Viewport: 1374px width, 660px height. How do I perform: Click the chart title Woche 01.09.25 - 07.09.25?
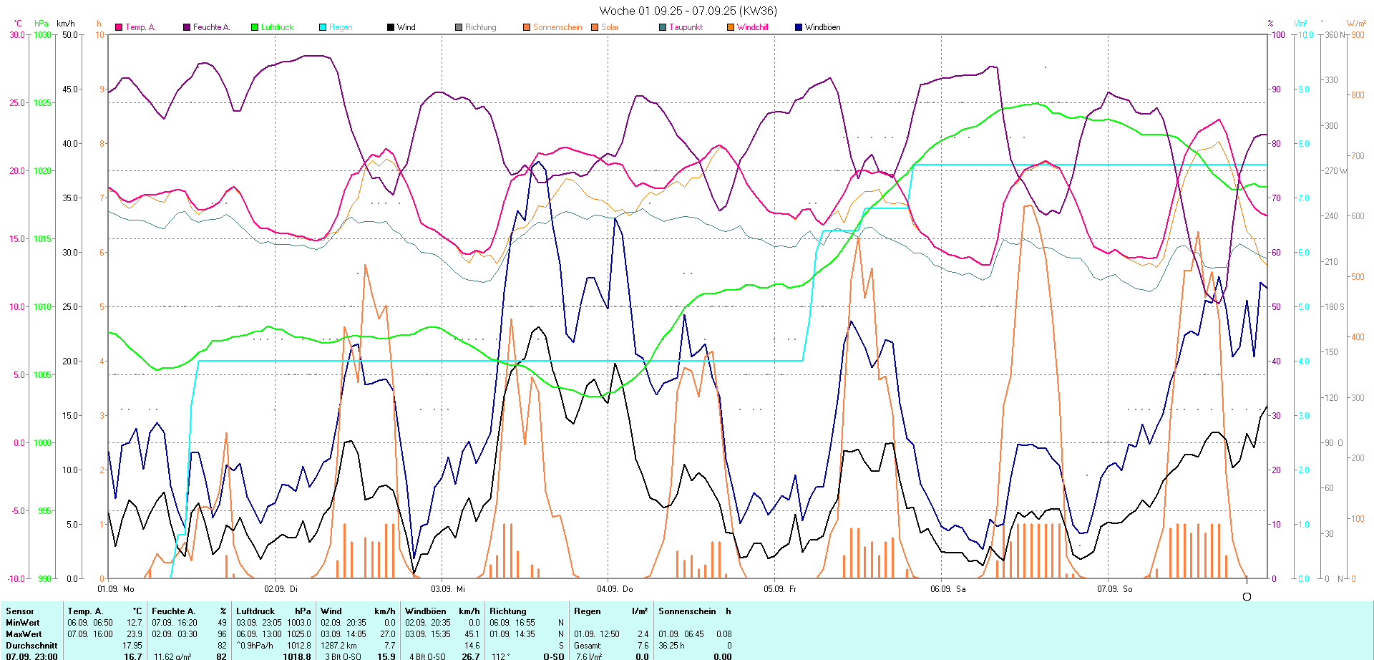point(687,11)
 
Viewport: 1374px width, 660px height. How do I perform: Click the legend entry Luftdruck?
point(276,27)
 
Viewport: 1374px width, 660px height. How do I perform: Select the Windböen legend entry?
point(822,27)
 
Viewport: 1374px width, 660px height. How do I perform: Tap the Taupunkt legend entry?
point(685,27)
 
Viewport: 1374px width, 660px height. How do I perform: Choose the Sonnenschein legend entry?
point(557,27)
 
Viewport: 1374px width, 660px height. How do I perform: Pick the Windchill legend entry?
point(752,27)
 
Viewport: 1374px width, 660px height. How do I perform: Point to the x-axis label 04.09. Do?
point(615,589)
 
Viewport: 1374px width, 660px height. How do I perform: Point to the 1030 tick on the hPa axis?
point(43,34)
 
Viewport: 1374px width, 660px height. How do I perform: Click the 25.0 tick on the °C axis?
point(18,102)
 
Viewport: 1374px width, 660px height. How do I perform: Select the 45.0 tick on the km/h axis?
point(70,89)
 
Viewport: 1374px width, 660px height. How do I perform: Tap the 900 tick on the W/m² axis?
point(1357,34)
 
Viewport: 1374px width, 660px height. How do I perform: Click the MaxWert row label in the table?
point(24,634)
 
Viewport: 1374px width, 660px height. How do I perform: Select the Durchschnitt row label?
point(31,646)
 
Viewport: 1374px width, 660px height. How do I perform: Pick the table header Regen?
point(587,611)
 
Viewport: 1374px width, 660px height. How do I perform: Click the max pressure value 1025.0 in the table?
point(299,634)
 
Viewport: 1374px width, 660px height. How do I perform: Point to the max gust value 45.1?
point(472,634)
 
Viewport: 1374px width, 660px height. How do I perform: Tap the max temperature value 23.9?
point(134,634)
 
